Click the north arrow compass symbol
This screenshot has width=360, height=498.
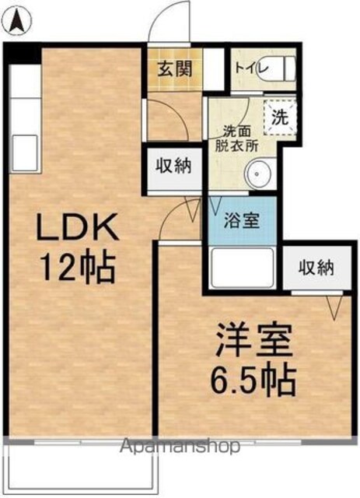(19, 21)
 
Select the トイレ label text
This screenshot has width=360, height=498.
(251, 68)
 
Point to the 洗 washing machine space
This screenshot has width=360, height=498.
(280, 117)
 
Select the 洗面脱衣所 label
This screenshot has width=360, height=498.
(237, 139)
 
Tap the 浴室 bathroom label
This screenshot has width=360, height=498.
(242, 220)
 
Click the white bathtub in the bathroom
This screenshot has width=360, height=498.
(243, 266)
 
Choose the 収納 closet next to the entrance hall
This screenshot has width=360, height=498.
(174, 168)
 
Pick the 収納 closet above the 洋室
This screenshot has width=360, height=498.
(316, 268)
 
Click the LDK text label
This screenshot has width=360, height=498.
(78, 226)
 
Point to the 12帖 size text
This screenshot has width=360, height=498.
(78, 268)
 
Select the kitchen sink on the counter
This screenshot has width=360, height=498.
(25, 153)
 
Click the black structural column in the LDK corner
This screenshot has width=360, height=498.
(23, 54)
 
